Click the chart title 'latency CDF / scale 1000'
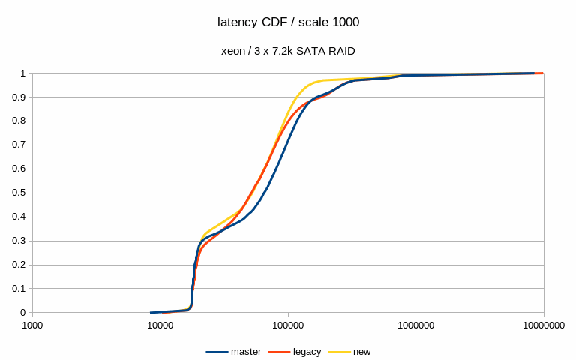(x=288, y=22)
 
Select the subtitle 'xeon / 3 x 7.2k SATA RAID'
(x=288, y=51)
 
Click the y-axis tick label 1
(x=22, y=73)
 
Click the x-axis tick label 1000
(x=32, y=325)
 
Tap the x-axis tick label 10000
(x=160, y=325)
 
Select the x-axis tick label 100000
(x=288, y=325)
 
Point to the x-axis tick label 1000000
(x=415, y=325)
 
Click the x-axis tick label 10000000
(x=543, y=325)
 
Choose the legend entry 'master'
(x=246, y=351)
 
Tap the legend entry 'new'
(x=361, y=351)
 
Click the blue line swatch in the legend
(x=217, y=351)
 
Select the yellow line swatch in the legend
(x=340, y=351)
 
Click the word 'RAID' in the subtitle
(x=341, y=51)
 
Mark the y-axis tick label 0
(x=22, y=313)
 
